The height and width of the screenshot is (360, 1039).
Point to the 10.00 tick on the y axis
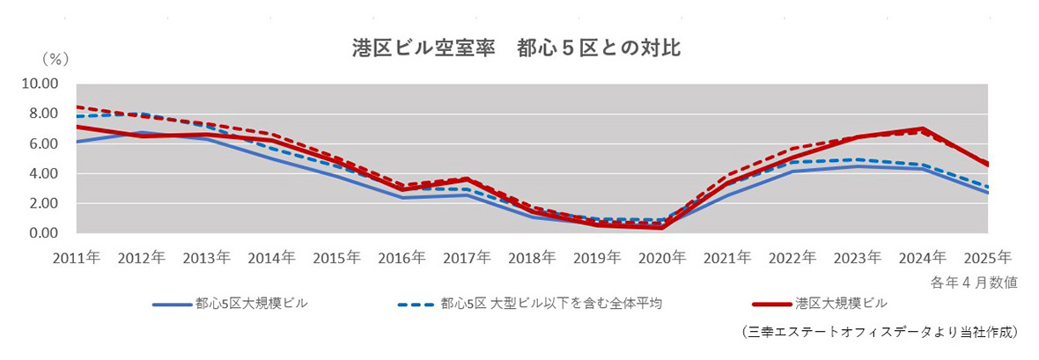(40, 84)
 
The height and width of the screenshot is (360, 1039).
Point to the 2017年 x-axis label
(468, 257)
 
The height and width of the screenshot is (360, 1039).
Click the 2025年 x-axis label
(987, 257)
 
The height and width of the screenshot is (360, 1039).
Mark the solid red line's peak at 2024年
(922, 129)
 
